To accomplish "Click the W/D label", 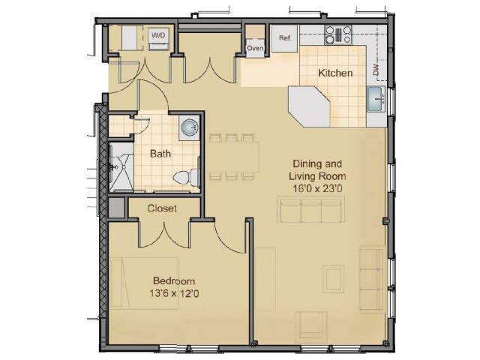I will pos(158,36).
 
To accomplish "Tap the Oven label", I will pos(255,49).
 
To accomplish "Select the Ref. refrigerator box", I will pos(285,38).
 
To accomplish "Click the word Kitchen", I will pos(335,73).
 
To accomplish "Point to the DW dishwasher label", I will pos(377,71).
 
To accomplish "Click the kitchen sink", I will pos(376,98).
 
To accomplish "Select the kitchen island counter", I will pos(310,106).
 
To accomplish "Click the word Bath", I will pos(160,154).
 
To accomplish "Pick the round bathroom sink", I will pos(188,129).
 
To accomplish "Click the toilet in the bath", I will pos(185,177).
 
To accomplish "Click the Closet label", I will pos(162,208).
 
